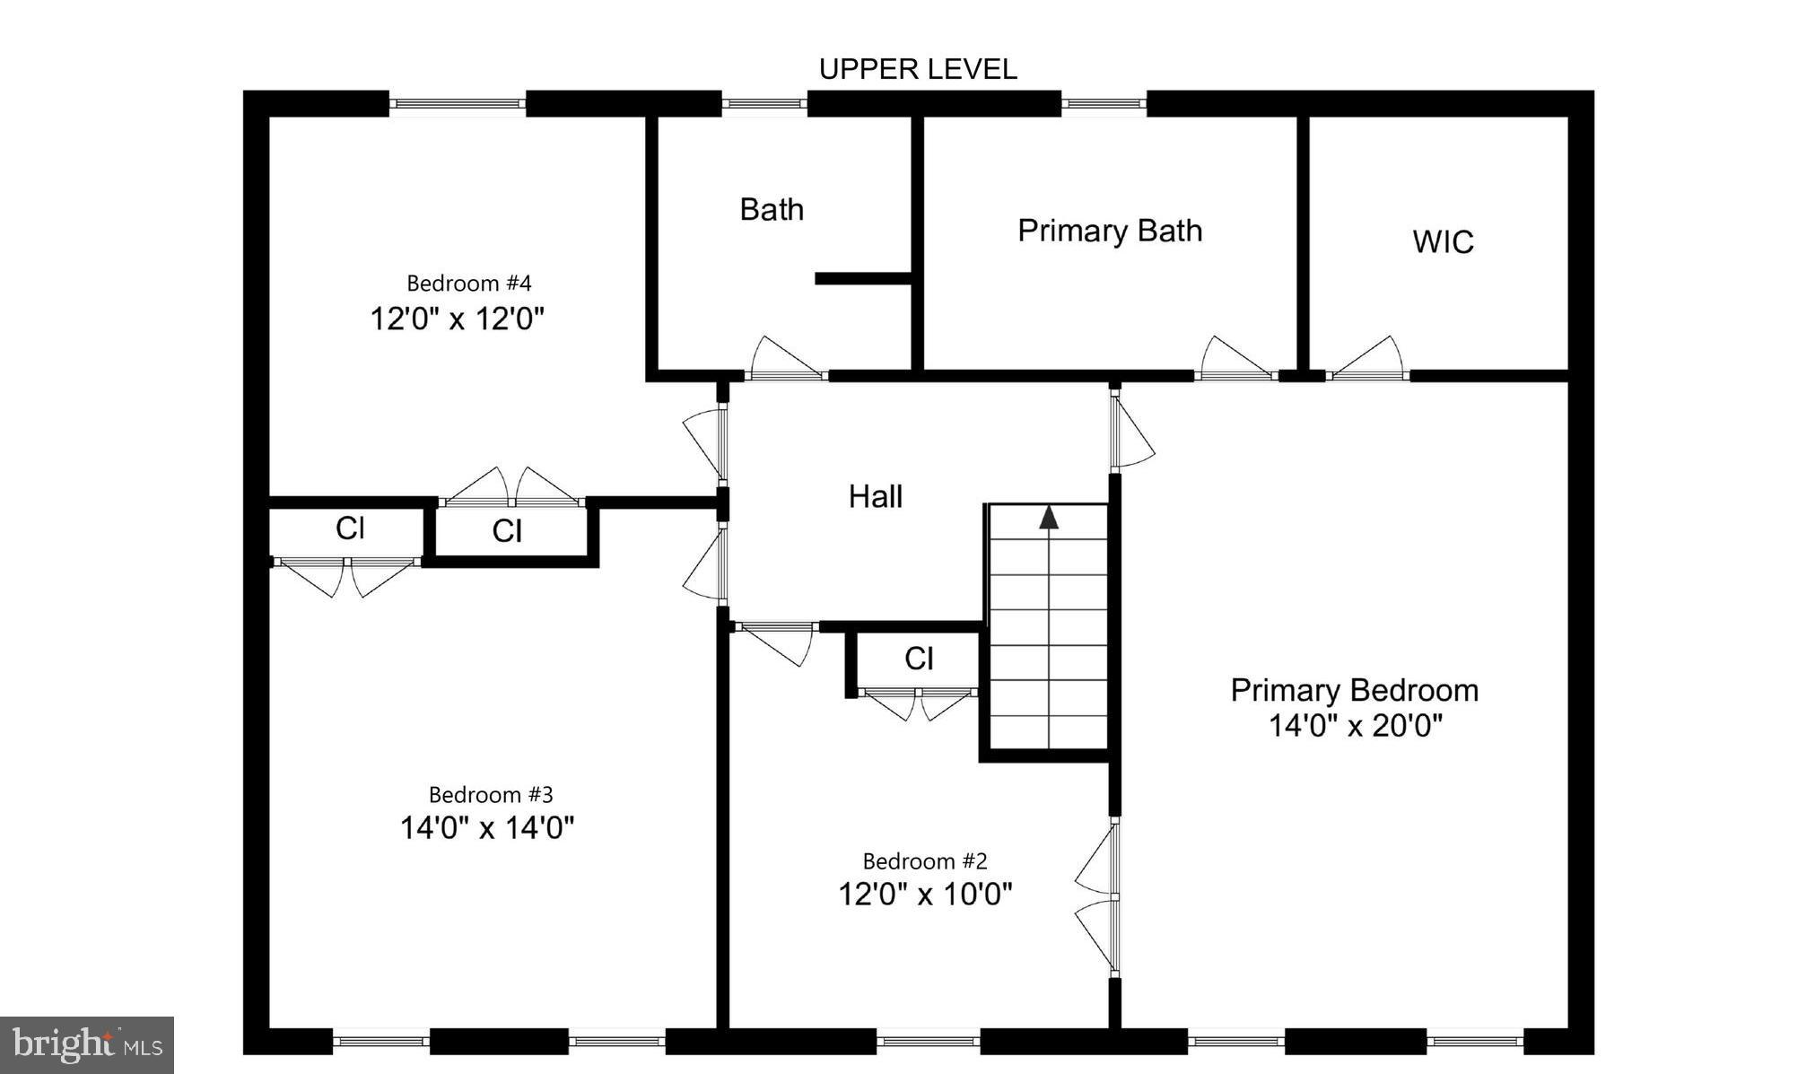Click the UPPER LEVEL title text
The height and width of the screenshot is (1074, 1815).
(x=918, y=69)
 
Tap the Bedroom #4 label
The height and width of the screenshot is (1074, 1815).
(x=468, y=284)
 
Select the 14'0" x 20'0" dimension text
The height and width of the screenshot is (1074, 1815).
(x=1355, y=725)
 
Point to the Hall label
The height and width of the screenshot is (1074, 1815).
(x=875, y=496)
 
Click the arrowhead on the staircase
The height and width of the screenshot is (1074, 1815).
(x=1049, y=518)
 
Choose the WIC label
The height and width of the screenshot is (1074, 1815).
(x=1443, y=241)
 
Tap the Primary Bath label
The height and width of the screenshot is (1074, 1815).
(x=1109, y=231)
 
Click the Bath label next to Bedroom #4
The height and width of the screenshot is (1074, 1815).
(x=771, y=209)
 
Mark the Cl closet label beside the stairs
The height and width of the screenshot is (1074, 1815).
(x=919, y=659)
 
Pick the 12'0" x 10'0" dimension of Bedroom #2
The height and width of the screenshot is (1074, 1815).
(x=925, y=894)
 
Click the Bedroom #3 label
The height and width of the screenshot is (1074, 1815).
(x=491, y=795)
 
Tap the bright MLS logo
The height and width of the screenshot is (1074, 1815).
(x=86, y=1045)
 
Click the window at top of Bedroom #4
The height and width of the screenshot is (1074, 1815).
(x=458, y=104)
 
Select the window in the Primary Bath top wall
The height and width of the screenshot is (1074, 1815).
(x=1104, y=104)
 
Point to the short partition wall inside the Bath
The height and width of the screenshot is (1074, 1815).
(x=862, y=279)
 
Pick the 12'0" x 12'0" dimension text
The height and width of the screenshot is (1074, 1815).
(x=458, y=319)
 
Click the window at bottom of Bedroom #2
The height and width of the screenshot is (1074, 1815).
(x=928, y=1042)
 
